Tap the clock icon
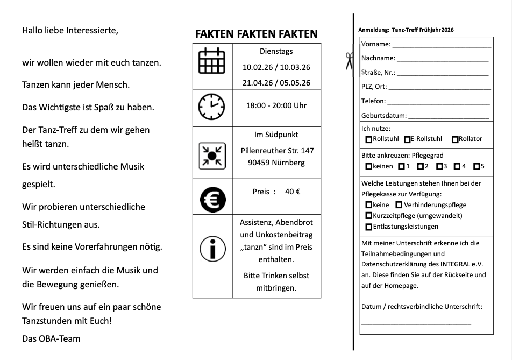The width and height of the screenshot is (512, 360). [x=212, y=107]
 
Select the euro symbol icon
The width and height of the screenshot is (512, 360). [x=212, y=199]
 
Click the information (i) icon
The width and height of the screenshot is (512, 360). [x=212, y=249]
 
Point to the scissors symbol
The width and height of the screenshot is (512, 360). [x=349, y=60]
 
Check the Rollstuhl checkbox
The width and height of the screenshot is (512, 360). [x=368, y=139]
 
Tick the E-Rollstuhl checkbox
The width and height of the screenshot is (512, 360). [x=407, y=139]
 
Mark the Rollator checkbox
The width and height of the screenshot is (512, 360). [x=455, y=139]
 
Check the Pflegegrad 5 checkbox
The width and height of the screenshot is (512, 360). [x=476, y=166]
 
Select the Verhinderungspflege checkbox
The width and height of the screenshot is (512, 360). [x=399, y=205]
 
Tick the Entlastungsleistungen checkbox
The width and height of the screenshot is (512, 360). [x=368, y=227]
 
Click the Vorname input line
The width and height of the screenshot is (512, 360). [x=441, y=46]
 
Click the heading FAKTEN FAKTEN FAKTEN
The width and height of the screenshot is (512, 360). [x=256, y=34]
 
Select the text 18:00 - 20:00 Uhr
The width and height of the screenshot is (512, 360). [x=276, y=105]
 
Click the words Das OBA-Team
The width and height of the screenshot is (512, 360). [x=51, y=338]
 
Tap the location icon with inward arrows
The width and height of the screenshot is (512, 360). [x=212, y=154]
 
